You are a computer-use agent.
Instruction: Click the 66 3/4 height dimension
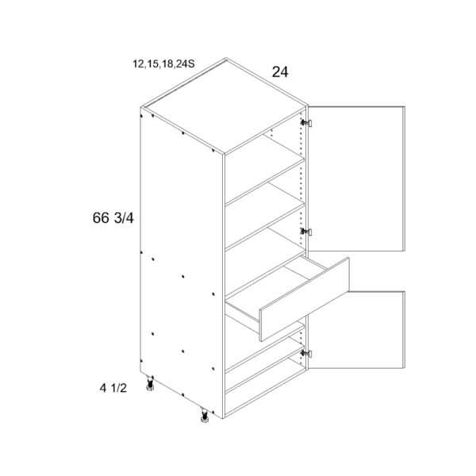coord(113,218)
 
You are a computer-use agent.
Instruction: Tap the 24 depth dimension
coord(280,72)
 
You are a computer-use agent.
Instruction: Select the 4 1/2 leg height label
coord(113,388)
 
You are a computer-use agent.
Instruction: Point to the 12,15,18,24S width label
coord(163,64)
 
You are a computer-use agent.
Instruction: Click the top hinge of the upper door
coord(306,123)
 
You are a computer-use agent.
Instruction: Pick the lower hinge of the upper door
coord(306,232)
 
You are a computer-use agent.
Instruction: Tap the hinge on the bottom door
coord(306,353)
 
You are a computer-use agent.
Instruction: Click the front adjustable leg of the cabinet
coord(203,415)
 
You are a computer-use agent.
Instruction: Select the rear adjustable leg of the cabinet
coord(150,383)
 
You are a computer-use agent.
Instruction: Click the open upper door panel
coord(357,178)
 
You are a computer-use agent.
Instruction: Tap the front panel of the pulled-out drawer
coord(304,299)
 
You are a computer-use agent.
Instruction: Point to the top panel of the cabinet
coord(224,106)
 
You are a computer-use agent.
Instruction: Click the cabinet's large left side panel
coord(182,263)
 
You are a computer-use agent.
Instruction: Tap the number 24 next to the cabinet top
coord(280,72)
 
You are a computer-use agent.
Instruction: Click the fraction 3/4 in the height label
coord(124,218)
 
